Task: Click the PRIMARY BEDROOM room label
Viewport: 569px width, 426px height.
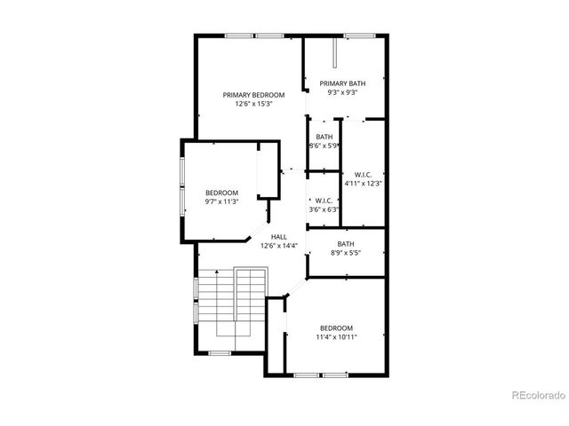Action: (253, 95)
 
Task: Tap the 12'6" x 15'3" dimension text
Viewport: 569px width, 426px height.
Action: (253, 104)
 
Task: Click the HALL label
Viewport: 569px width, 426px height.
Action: (278, 237)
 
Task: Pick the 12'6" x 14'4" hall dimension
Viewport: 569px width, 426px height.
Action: (278, 246)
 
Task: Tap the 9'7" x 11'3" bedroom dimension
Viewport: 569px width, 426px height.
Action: (221, 201)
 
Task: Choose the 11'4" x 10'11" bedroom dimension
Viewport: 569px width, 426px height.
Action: (337, 337)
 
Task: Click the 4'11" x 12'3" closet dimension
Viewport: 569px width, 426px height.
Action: (363, 183)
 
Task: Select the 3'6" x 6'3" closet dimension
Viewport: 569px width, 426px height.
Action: (324, 209)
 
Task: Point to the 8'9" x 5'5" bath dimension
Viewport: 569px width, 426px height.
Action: (346, 253)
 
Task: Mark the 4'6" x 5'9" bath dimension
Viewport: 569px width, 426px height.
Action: (324, 146)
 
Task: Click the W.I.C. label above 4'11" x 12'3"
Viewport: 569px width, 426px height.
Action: (363, 174)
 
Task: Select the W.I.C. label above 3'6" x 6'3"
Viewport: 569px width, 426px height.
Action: (324, 201)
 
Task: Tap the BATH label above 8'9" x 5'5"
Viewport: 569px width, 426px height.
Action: (346, 244)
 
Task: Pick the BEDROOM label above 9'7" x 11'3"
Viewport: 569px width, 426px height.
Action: (221, 193)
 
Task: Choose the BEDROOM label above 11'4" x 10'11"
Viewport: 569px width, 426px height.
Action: (337, 327)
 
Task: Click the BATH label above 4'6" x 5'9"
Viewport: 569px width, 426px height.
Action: (324, 137)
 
